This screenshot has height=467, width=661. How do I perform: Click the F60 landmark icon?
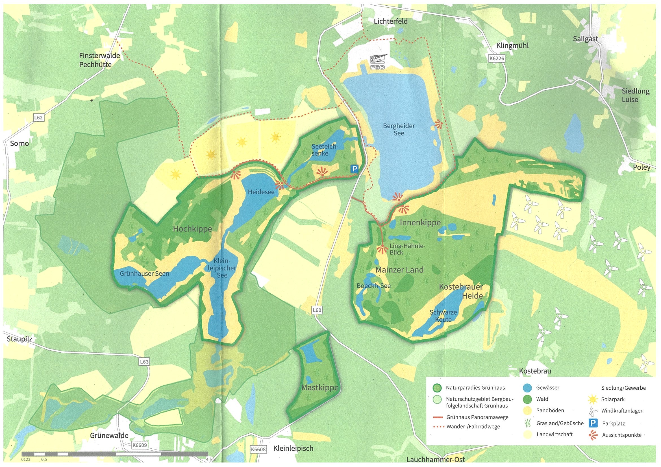tap(378, 62)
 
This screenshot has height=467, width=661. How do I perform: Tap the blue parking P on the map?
tap(355, 169)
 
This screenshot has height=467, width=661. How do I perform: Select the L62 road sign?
tap(38, 117)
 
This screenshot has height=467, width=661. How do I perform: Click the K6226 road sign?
tap(497, 58)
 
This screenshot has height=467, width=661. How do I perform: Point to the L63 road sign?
tap(144, 361)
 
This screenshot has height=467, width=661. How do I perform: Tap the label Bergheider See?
tap(399, 130)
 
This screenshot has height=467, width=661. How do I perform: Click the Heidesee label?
tap(261, 192)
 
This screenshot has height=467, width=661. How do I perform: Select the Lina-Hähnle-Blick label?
tap(407, 249)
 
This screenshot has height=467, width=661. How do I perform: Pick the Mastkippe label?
tap(319, 388)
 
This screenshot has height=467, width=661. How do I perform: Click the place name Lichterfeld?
tap(390, 21)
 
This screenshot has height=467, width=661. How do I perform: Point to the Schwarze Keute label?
tap(443, 316)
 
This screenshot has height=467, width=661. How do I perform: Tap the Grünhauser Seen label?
tap(144, 273)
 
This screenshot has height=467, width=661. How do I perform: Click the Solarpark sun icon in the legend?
tap(593, 399)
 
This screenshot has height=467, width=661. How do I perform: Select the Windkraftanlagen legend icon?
tap(593, 411)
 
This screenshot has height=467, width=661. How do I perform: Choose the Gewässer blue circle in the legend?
tap(527, 388)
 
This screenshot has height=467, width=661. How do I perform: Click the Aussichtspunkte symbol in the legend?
tap(593, 435)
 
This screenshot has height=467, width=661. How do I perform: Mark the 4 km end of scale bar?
tap(208, 454)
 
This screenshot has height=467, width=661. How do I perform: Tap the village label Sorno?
tap(19, 143)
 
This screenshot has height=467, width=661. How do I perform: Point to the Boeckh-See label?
tap(373, 286)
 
